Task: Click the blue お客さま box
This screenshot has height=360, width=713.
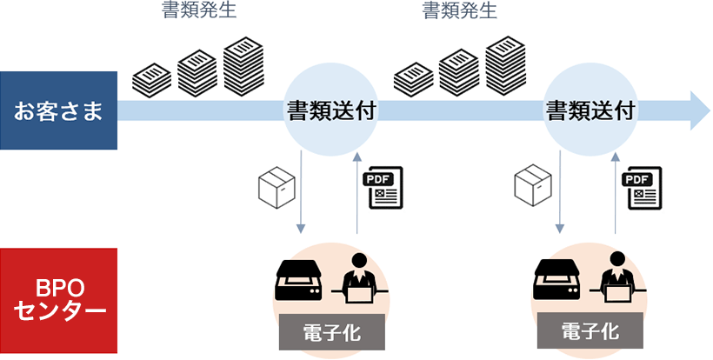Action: pos(58,110)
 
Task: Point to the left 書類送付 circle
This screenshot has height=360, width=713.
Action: pos(330,111)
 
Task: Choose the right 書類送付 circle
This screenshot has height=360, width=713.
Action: pos(590,111)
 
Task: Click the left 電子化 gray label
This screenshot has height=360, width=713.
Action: pos(330,331)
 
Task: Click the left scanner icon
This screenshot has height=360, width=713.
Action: pos(298,280)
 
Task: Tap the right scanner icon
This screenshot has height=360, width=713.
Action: pos(557,280)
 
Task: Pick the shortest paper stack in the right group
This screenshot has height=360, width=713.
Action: pos(412,79)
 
